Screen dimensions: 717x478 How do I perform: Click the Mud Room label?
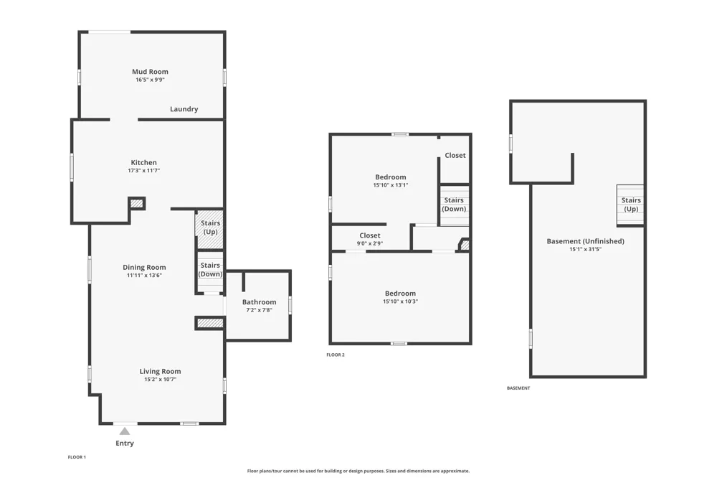[150, 72]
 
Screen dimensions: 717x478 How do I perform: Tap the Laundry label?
[184, 109]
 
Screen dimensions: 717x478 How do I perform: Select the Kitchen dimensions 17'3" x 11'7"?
[143, 170]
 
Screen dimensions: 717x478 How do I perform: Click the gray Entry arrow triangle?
[124, 431]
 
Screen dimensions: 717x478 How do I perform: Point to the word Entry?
[124, 444]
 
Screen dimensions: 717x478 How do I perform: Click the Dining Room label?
[144, 268]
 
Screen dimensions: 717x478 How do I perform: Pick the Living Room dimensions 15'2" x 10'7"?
[160, 379]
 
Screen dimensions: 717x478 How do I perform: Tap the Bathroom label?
[260, 302]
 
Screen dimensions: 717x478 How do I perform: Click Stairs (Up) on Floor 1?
[210, 228]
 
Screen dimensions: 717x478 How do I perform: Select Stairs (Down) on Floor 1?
[210, 270]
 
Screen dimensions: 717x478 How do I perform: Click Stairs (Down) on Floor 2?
[454, 205]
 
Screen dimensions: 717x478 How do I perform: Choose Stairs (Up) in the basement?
[631, 205]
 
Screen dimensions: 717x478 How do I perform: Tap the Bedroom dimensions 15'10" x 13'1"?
[391, 185]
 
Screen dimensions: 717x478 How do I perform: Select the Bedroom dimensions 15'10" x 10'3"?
[400, 301]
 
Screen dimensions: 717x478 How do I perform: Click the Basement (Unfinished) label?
[585, 241]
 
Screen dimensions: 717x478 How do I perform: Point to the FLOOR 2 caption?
[336, 355]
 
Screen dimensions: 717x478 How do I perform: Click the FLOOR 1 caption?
[77, 457]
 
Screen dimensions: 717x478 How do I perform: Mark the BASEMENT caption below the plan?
[518, 388]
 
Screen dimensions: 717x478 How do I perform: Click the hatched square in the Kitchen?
[137, 203]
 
